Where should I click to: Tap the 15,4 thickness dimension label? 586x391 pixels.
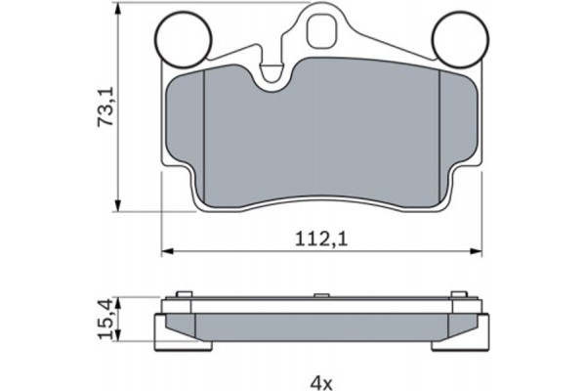click(x=107, y=315)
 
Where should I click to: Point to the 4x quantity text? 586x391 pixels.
click(x=321, y=379)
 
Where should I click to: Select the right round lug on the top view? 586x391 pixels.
click(x=458, y=36)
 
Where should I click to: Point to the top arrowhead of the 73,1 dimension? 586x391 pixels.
click(x=119, y=8)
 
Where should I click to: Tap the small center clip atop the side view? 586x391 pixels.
click(x=321, y=294)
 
